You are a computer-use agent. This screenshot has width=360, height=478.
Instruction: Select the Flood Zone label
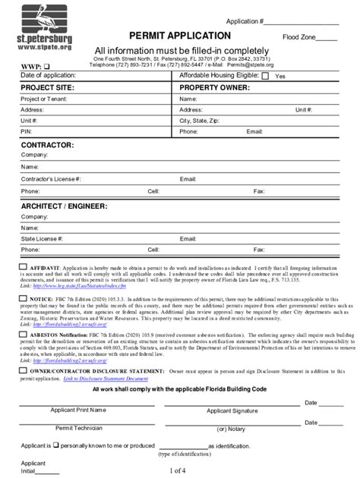299,36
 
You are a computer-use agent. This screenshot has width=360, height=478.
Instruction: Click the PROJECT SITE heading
49,88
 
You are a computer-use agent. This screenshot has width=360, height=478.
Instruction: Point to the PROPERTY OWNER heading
215,88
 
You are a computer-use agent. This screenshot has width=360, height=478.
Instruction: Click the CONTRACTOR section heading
47,144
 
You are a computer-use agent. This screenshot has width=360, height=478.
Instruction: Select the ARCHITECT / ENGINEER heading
64,206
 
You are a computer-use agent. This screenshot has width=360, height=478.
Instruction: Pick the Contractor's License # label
51,180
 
